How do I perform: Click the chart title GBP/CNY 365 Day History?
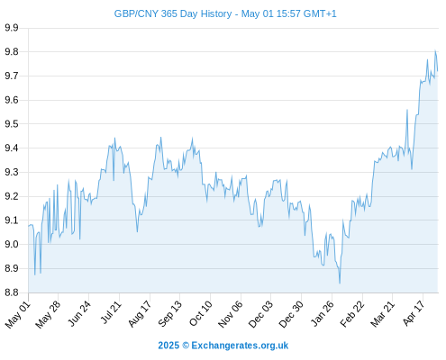[173, 13]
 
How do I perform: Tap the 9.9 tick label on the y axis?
[12, 28]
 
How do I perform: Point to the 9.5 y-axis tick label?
[12, 124]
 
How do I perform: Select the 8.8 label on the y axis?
[12, 292]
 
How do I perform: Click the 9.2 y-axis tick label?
[12, 196]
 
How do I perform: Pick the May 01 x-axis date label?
[18, 314]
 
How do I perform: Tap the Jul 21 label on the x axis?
[111, 312]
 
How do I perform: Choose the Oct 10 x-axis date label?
[200, 313]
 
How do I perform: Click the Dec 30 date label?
[291, 314]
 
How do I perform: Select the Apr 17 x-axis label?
[414, 313]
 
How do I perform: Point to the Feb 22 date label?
[351, 314]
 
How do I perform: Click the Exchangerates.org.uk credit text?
[240, 346]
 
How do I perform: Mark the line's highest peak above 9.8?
[435, 50]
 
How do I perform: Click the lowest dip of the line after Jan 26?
[340, 283]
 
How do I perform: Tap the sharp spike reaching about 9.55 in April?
[407, 110]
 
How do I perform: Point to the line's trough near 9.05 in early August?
[137, 231]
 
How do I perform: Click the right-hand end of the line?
[438, 71]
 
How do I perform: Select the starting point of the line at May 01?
[29, 226]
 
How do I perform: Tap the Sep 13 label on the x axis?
[170, 313]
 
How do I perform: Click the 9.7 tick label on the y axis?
[12, 76]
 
